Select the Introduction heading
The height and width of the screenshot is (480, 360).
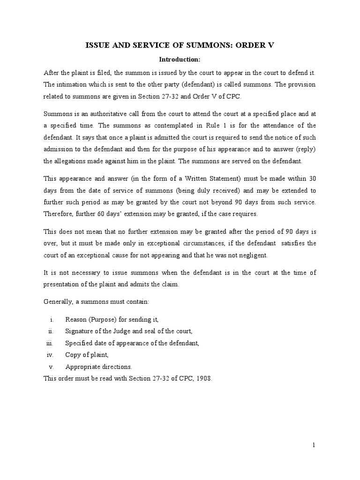180,60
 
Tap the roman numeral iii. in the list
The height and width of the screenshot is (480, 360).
51,343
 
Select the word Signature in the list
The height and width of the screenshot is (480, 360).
80,331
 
